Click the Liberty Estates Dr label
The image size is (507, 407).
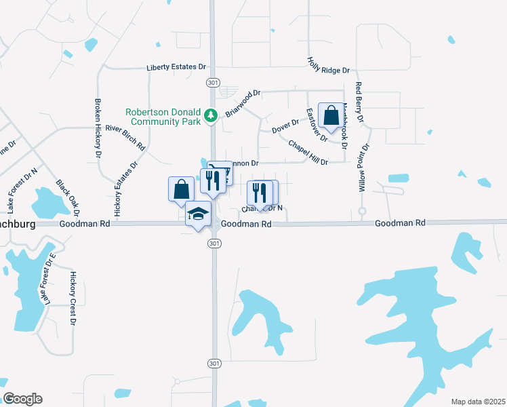(x=176, y=67)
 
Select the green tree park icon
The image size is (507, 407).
(x=211, y=116)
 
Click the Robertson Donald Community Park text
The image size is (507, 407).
(x=163, y=117)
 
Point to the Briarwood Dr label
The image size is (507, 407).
(x=243, y=102)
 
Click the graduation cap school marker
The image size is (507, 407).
(x=198, y=214)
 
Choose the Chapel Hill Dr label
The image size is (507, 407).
(x=308, y=153)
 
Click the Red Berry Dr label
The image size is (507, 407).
(x=359, y=101)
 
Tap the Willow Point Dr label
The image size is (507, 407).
(x=366, y=167)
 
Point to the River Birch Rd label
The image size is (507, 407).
(x=125, y=136)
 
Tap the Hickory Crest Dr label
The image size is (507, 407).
(x=73, y=298)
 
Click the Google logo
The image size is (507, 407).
(x=22, y=399)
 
